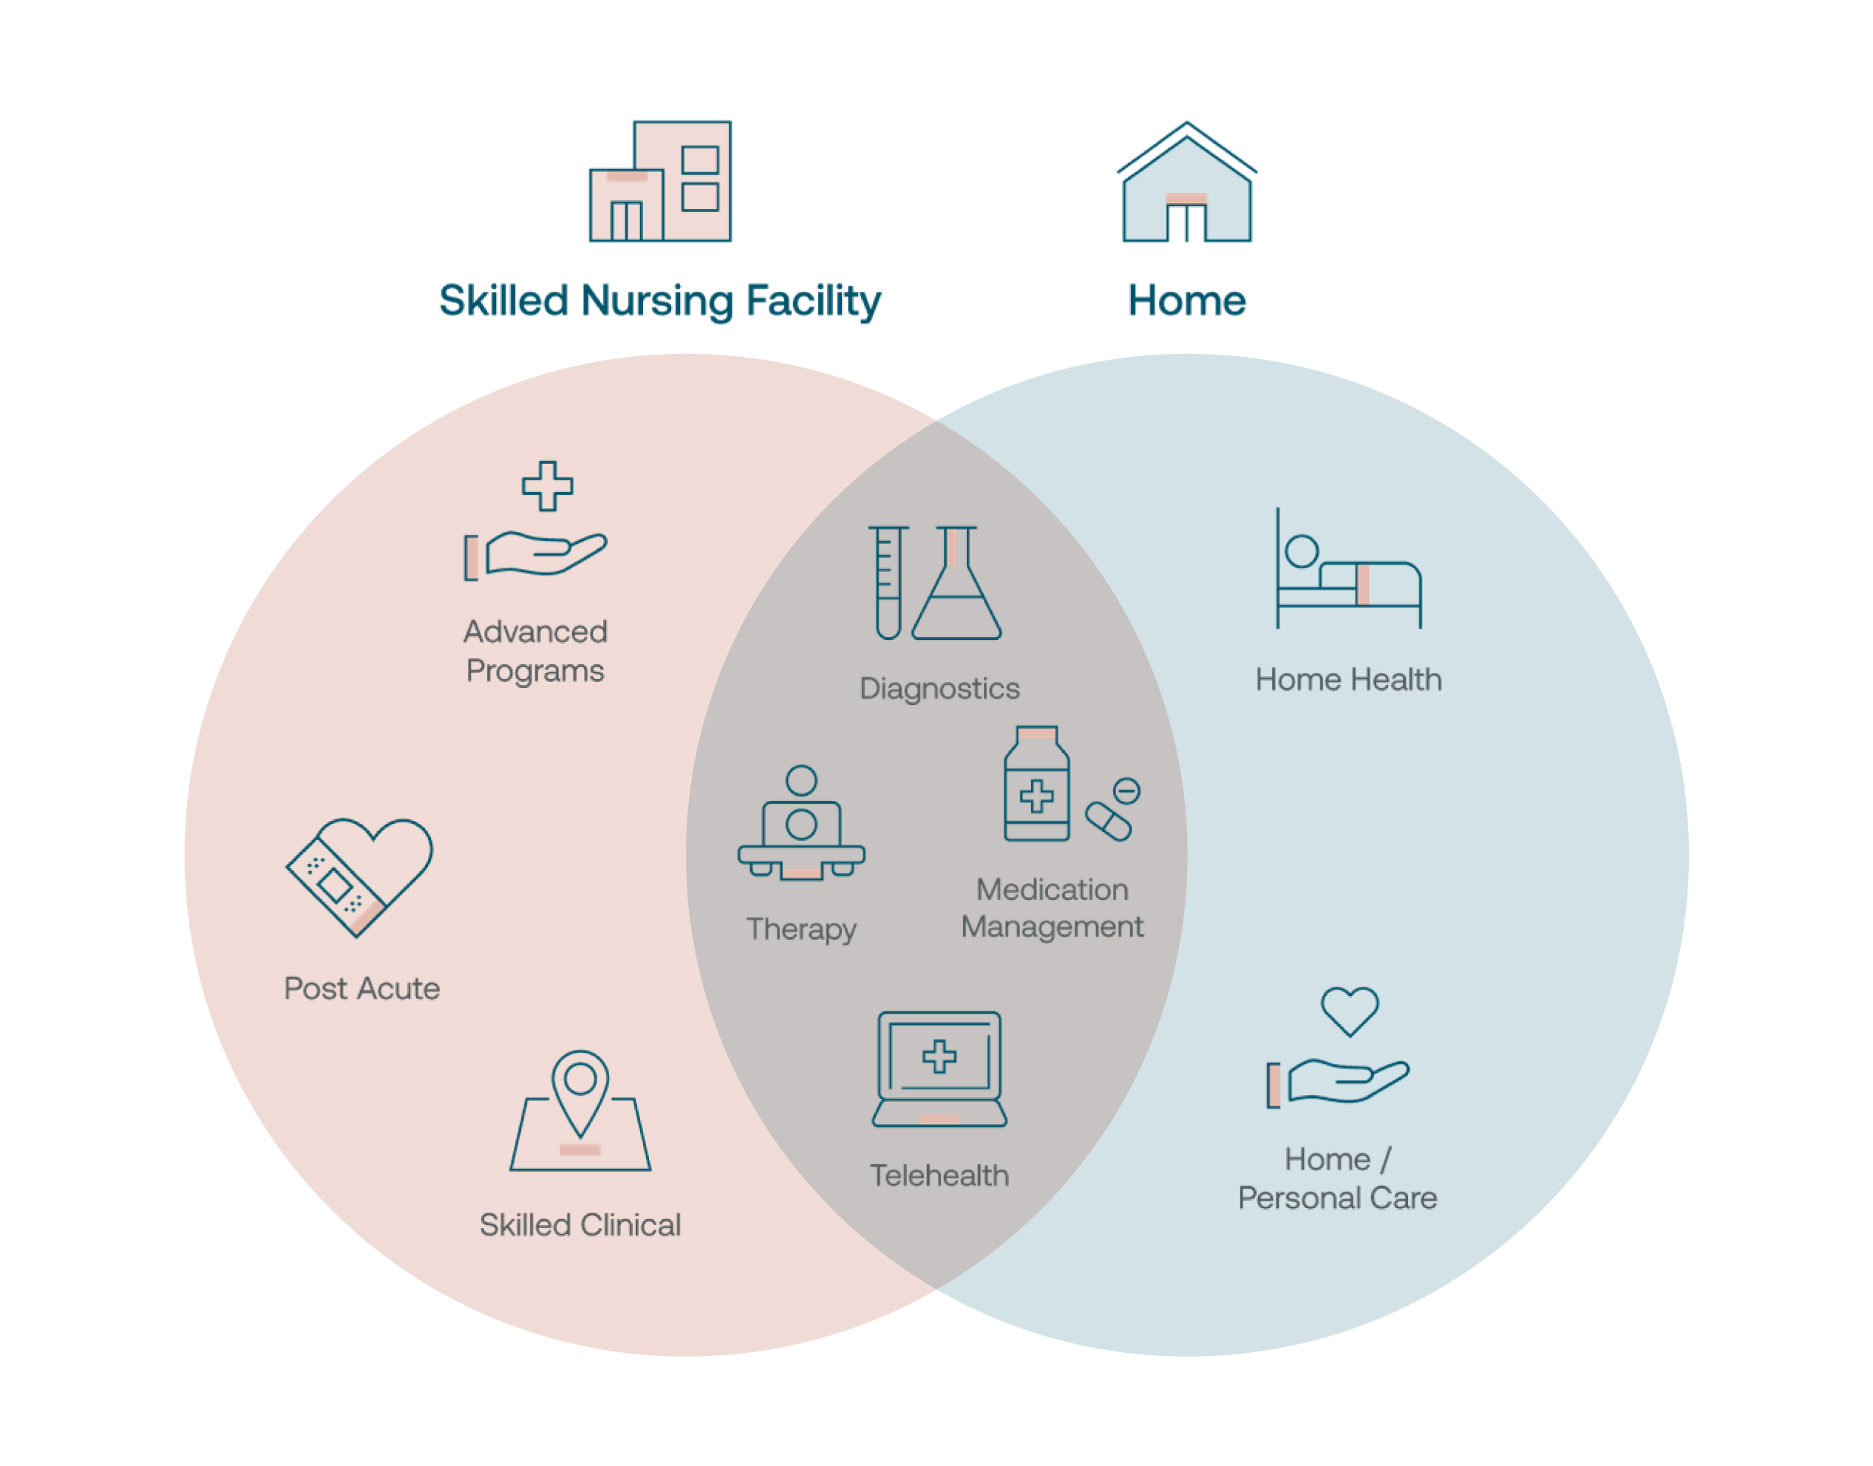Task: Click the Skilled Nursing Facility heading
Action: (659, 301)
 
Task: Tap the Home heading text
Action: (1186, 301)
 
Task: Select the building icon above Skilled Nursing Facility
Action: (659, 181)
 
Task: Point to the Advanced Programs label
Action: (535, 650)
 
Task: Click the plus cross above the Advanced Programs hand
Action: (547, 485)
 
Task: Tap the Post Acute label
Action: (361, 989)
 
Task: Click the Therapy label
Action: (801, 929)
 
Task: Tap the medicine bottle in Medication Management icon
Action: (1036, 785)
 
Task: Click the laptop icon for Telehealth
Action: (939, 1069)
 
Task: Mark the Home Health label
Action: (1347, 680)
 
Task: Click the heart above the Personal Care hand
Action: (1350, 1010)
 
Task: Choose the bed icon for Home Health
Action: (1347, 570)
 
